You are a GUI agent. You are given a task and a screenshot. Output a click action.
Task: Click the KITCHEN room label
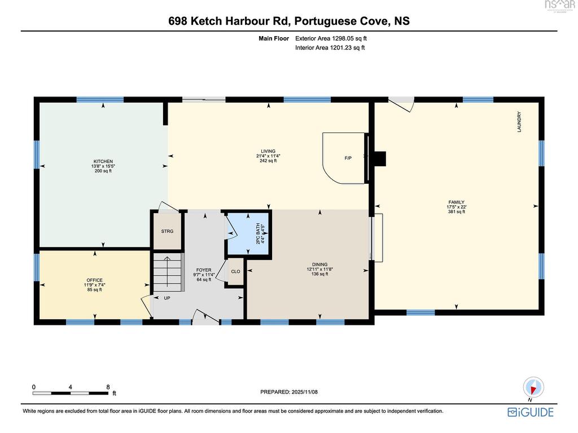(x=103, y=161)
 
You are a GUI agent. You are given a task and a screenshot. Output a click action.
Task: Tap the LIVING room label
(x=268, y=151)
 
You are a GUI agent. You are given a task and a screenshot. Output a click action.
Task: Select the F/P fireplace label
(x=348, y=158)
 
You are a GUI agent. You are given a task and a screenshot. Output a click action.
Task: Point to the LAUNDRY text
(x=519, y=122)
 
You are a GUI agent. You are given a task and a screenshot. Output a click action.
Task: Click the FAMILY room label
(x=456, y=202)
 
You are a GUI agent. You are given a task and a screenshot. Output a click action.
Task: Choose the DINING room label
(x=319, y=264)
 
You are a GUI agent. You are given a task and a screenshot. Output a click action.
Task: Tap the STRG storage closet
(x=167, y=231)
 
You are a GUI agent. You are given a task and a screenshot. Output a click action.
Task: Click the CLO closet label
(x=235, y=271)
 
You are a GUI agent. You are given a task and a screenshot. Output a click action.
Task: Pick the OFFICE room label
(x=95, y=280)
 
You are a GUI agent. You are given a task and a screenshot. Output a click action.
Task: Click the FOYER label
(x=204, y=270)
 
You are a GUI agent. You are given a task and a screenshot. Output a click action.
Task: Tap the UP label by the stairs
(x=167, y=298)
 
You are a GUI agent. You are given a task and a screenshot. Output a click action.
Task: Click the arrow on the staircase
(x=167, y=272)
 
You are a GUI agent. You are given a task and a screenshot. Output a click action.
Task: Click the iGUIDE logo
(x=531, y=412)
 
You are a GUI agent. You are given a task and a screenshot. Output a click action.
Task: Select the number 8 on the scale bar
(x=108, y=387)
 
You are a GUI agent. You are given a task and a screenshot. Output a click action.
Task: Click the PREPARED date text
(x=289, y=392)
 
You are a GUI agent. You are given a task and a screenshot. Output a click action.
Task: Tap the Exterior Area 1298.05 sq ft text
(x=331, y=38)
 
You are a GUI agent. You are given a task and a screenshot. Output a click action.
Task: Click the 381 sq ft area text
(x=456, y=212)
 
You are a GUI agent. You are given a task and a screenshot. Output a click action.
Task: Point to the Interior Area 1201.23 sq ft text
(x=330, y=47)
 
